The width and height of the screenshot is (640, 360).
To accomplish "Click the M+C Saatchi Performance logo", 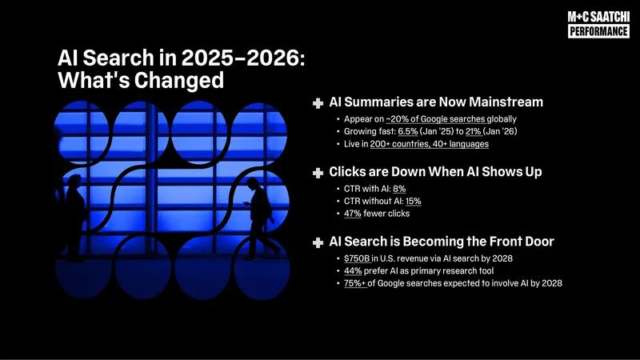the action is click(598, 25).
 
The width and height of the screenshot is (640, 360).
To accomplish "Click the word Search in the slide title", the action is click(118, 58).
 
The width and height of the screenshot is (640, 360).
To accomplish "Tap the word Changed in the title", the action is click(178, 80).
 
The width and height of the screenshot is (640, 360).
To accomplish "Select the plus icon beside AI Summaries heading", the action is click(318, 103).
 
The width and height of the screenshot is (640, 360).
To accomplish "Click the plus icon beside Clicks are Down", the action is click(318, 173).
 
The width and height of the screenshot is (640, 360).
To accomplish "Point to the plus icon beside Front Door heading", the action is click(318, 243).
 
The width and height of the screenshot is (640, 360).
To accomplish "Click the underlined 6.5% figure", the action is click(408, 131).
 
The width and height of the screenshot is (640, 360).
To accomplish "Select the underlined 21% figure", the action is click(473, 131).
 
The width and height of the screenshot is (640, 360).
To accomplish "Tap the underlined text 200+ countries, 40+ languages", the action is click(430, 144).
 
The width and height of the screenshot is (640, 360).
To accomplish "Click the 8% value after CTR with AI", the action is click(399, 189).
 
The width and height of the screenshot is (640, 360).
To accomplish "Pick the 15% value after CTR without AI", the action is click(414, 202).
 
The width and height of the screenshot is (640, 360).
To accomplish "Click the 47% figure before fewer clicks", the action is click(353, 214).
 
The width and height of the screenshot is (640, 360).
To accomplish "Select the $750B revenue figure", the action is click(357, 258).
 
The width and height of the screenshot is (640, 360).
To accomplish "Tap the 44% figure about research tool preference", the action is click(353, 271).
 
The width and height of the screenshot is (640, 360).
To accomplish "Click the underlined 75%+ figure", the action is click(355, 283).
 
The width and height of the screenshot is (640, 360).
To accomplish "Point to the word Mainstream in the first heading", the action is click(506, 102).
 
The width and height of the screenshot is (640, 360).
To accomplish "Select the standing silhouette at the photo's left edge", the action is click(74, 217).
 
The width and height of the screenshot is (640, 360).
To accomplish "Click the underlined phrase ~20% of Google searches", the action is click(435, 119).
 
